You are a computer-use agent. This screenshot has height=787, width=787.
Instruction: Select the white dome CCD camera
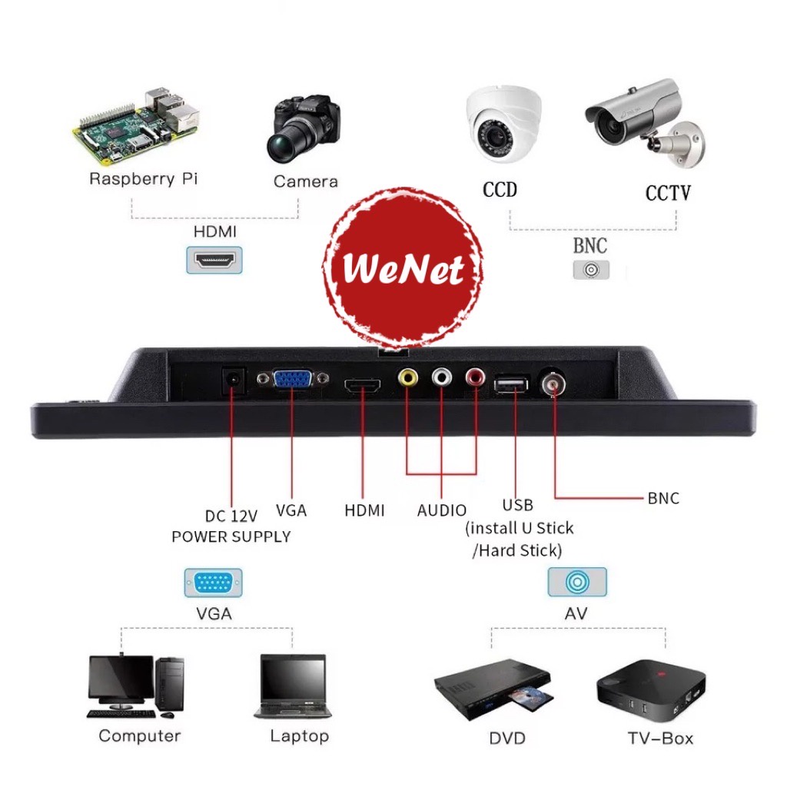click(x=503, y=124)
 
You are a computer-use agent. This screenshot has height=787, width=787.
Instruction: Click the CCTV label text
click(x=668, y=193)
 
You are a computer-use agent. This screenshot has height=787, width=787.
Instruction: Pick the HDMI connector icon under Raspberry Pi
click(x=214, y=260)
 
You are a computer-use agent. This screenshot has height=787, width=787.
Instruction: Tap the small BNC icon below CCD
click(x=591, y=270)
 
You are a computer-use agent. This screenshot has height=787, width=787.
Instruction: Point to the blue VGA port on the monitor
click(x=293, y=379)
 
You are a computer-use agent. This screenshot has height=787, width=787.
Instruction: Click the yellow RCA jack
click(x=407, y=377)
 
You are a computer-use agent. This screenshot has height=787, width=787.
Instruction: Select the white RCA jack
click(x=442, y=377)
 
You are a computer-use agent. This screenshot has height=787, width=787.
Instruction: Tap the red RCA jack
click(x=475, y=377)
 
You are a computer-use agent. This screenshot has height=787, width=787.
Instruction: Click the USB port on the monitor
click(x=511, y=384)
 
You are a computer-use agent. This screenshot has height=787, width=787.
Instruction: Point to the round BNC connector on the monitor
click(x=553, y=384)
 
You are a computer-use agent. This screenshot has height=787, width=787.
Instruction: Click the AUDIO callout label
click(x=442, y=510)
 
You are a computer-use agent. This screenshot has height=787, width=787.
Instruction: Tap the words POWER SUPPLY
click(x=231, y=536)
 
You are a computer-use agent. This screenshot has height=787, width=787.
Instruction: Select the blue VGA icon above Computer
click(x=214, y=583)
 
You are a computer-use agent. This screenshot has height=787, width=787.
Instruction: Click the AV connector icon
click(x=577, y=583)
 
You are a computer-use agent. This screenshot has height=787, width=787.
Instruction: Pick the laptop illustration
click(x=294, y=686)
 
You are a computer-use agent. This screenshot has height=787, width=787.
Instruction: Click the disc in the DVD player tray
click(x=531, y=696)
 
